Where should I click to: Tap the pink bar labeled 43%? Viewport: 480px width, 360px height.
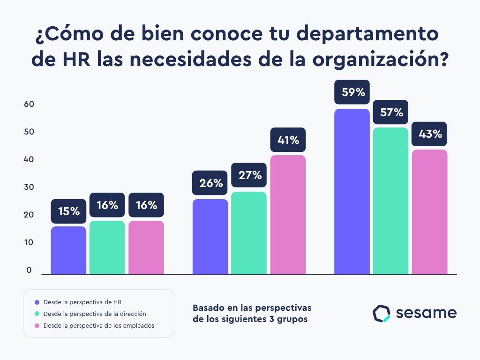(429, 212)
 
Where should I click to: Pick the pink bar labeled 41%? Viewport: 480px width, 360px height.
(288, 215)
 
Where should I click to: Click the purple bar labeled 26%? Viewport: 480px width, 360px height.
(210, 237)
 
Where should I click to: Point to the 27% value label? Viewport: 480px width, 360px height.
(249, 175)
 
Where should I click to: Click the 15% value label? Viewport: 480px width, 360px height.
(69, 211)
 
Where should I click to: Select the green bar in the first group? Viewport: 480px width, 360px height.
(107, 247)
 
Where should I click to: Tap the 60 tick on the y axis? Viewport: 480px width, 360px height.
(29, 105)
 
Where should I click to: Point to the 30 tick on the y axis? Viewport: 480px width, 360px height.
(29, 187)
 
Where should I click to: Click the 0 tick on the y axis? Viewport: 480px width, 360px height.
(29, 270)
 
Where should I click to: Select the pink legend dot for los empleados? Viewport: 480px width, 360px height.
(37, 325)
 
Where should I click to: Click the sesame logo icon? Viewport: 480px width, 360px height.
(381, 314)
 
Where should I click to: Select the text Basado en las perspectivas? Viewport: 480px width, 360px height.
(252, 308)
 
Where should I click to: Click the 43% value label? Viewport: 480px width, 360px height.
(429, 134)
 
